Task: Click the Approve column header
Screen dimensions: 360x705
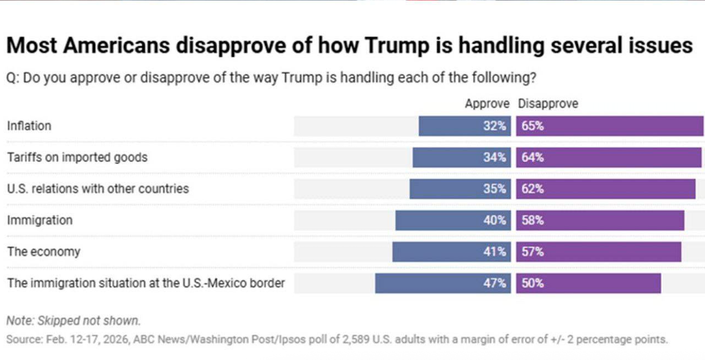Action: coord(487,104)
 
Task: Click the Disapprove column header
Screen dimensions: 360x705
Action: coord(548,104)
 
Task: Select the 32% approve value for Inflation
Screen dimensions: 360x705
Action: coord(494,126)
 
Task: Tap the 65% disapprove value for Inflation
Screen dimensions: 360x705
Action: coord(532,126)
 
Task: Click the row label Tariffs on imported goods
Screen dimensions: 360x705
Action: coord(77,157)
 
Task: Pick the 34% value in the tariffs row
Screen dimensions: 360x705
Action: coord(494,157)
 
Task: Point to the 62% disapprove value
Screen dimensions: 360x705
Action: coord(532,189)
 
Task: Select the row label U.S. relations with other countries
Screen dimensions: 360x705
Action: coord(98,189)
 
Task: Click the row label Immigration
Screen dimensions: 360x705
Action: coord(40,220)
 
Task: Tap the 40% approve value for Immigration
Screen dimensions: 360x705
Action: coord(494,220)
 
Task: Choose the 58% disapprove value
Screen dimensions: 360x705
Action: coord(532,220)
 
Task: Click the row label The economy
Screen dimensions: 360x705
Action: coord(43,252)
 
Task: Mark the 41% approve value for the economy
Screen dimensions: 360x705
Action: coord(494,252)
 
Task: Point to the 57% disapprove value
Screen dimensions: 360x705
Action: coord(532,252)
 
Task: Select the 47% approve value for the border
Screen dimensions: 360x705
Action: coord(494,283)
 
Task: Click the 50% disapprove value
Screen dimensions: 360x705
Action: coord(532,283)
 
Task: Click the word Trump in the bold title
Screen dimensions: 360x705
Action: coord(397,45)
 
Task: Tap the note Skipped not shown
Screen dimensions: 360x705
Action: coord(73,320)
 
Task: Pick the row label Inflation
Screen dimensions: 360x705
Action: coord(29,126)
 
